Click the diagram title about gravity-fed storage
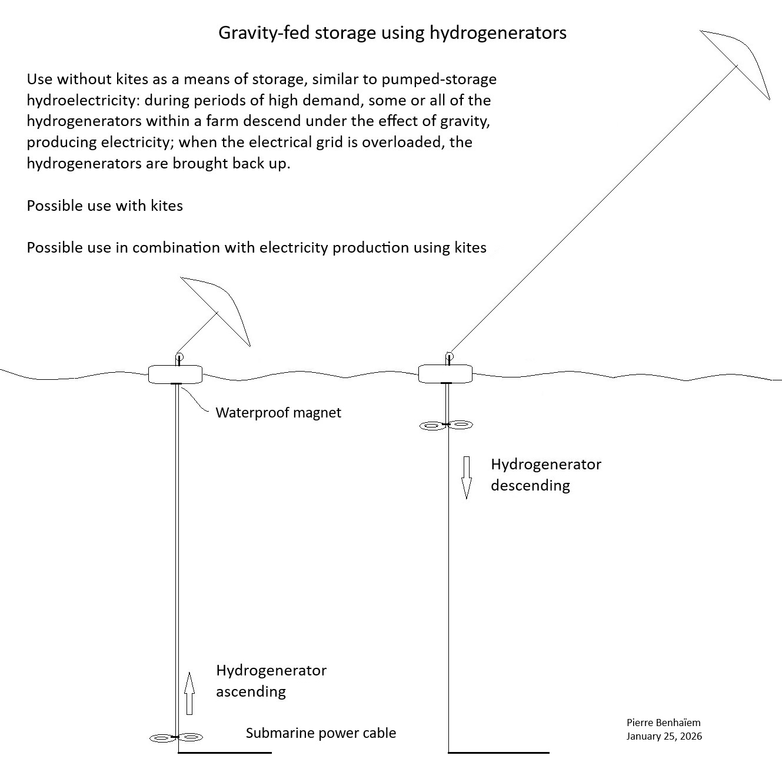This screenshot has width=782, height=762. (x=392, y=32)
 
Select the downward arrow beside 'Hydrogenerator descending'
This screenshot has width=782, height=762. (x=467, y=477)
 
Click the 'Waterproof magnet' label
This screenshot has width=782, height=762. (x=278, y=412)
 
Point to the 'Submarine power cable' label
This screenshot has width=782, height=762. (x=321, y=733)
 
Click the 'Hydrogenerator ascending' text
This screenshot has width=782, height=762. (x=271, y=680)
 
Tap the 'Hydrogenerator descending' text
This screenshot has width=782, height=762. (x=545, y=475)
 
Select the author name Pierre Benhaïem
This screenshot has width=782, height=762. (x=663, y=723)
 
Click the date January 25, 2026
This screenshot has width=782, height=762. (x=664, y=736)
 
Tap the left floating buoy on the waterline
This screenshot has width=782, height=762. (x=175, y=374)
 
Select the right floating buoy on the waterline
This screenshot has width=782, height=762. (x=445, y=373)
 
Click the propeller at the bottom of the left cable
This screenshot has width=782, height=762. (x=176, y=737)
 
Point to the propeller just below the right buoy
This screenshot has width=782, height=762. (x=446, y=425)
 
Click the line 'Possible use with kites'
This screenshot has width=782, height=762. (x=105, y=206)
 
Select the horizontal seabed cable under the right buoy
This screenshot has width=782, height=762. (x=498, y=752)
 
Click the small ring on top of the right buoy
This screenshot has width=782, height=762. (x=449, y=356)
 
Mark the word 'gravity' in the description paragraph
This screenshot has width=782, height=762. (x=462, y=121)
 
